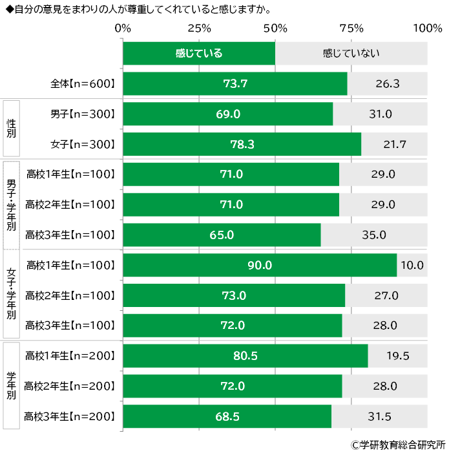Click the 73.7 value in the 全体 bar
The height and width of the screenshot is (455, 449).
click(x=235, y=84)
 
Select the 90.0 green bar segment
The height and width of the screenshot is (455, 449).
click(x=260, y=265)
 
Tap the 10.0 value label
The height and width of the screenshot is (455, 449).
click(x=412, y=265)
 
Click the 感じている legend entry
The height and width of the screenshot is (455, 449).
click(x=199, y=54)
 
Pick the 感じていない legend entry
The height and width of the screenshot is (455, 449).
click(x=351, y=54)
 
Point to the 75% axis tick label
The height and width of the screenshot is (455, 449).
click(x=351, y=28)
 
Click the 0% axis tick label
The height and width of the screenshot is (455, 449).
click(x=123, y=28)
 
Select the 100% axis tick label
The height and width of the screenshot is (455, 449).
click(x=427, y=28)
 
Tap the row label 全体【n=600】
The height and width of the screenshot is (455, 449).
click(x=83, y=84)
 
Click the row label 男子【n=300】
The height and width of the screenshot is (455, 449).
click(x=83, y=114)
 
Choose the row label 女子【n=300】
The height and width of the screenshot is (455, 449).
click(x=83, y=144)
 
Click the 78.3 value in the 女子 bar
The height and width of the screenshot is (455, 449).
click(x=242, y=144)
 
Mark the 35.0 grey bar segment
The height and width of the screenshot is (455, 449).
click(x=374, y=235)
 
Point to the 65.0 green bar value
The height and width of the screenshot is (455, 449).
click(x=222, y=235)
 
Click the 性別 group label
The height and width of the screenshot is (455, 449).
click(x=11, y=129)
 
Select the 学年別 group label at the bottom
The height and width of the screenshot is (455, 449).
click(x=11, y=386)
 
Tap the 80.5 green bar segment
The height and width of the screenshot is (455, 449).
click(x=245, y=355)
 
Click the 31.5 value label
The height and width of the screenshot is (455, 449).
click(x=379, y=417)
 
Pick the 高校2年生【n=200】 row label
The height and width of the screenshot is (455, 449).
click(x=70, y=386)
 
